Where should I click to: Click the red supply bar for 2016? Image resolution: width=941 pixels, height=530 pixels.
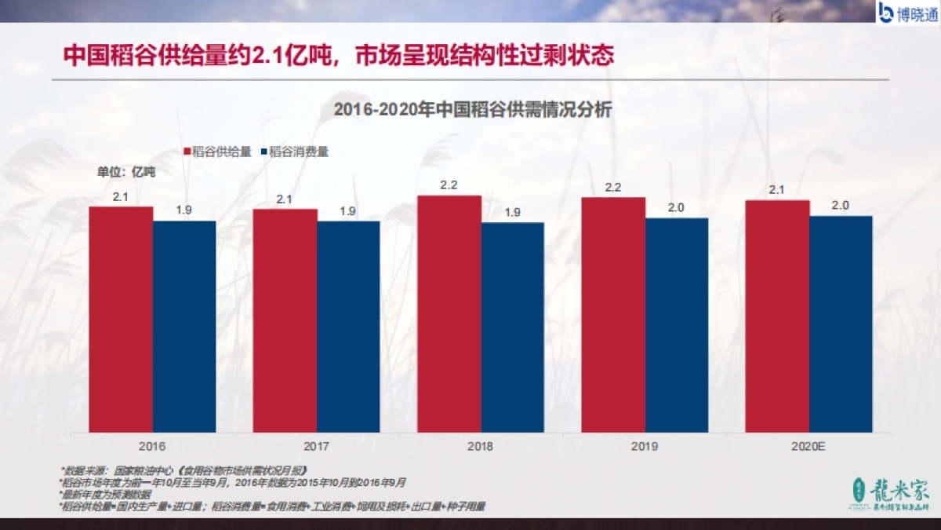point(121,319)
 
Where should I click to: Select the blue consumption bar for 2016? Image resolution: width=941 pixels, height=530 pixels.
point(184,326)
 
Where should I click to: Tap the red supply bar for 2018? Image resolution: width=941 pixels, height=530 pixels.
point(449,313)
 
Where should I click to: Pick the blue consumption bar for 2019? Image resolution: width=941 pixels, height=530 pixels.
point(677,324)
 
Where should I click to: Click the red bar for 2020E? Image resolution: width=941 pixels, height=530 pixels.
point(777,316)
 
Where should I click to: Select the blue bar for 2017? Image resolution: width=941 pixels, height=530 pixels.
point(348,326)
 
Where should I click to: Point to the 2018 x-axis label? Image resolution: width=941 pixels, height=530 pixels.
point(480,446)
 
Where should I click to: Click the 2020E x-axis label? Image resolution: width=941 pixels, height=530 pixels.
point(808,446)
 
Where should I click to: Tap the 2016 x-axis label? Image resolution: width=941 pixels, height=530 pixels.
point(152,446)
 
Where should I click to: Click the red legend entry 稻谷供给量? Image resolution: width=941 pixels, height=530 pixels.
point(217,152)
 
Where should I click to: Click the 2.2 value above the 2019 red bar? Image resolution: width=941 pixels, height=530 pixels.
point(613,188)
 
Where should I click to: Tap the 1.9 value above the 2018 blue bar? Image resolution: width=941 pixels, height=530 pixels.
point(512,213)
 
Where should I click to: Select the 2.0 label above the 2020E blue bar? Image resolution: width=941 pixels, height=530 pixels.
point(840,206)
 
